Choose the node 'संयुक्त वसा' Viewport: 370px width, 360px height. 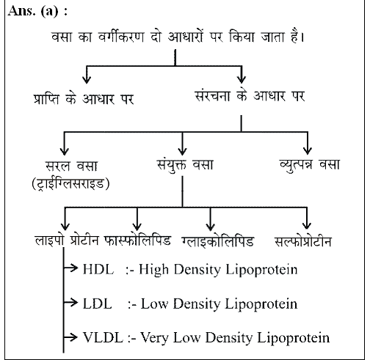coord(184,164)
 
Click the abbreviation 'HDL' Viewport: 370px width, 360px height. coord(98,271)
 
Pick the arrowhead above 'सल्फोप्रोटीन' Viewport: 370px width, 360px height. coord(308,224)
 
